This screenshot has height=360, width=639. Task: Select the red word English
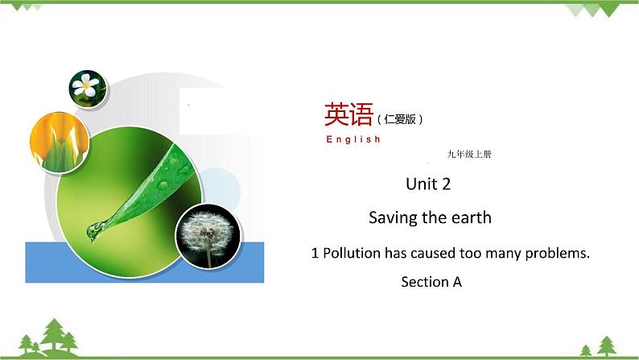tap(353, 139)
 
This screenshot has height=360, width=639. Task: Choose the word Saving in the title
tap(391, 217)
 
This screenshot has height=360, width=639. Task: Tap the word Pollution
tap(352, 253)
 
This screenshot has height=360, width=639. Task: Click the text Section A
tap(431, 282)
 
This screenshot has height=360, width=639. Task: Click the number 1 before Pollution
tap(315, 253)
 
